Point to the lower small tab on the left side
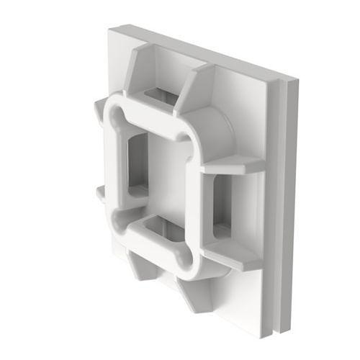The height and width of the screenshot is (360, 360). pyautogui.click(x=100, y=193)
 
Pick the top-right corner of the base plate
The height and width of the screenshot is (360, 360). pyautogui.click(x=294, y=80)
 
